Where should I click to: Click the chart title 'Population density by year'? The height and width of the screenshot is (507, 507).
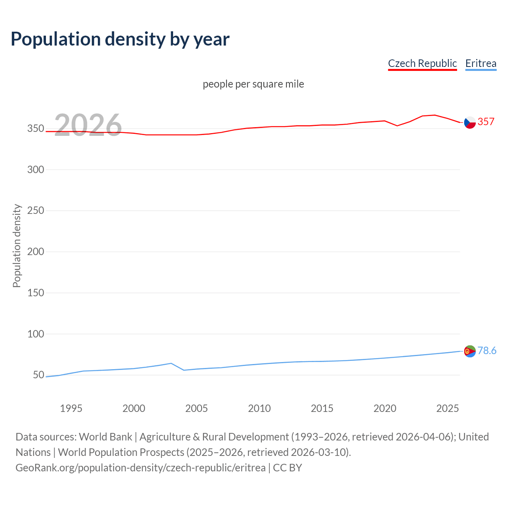click(x=120, y=39)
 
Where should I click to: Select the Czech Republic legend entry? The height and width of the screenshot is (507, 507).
click(x=422, y=63)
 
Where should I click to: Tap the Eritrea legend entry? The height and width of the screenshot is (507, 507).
click(x=480, y=63)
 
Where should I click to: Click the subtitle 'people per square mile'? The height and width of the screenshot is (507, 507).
click(x=253, y=84)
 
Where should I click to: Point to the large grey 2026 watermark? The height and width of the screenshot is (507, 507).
click(x=88, y=125)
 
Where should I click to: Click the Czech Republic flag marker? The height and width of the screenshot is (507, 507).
click(x=470, y=123)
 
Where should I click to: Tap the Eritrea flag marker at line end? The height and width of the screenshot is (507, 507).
click(x=470, y=351)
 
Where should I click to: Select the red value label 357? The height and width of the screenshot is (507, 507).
click(x=486, y=122)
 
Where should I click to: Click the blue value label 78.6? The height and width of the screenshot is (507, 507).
click(x=487, y=351)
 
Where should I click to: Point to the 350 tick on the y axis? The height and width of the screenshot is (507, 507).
click(x=35, y=129)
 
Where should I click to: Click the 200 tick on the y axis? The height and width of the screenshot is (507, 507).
click(x=35, y=252)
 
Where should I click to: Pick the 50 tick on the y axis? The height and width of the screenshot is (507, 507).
click(x=38, y=375)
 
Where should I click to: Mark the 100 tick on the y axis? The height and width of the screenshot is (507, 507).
click(x=35, y=334)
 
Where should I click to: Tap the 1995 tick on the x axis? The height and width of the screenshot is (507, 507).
click(x=71, y=408)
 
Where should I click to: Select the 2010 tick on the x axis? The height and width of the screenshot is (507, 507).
click(x=259, y=408)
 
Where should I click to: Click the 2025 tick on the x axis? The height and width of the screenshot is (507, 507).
click(x=448, y=408)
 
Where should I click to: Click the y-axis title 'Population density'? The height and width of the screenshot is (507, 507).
click(x=17, y=246)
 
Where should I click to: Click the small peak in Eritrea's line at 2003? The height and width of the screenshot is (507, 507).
click(x=171, y=363)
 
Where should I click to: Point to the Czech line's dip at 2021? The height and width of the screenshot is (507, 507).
click(x=397, y=126)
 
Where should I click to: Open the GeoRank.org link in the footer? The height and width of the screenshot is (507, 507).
click(x=141, y=468)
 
